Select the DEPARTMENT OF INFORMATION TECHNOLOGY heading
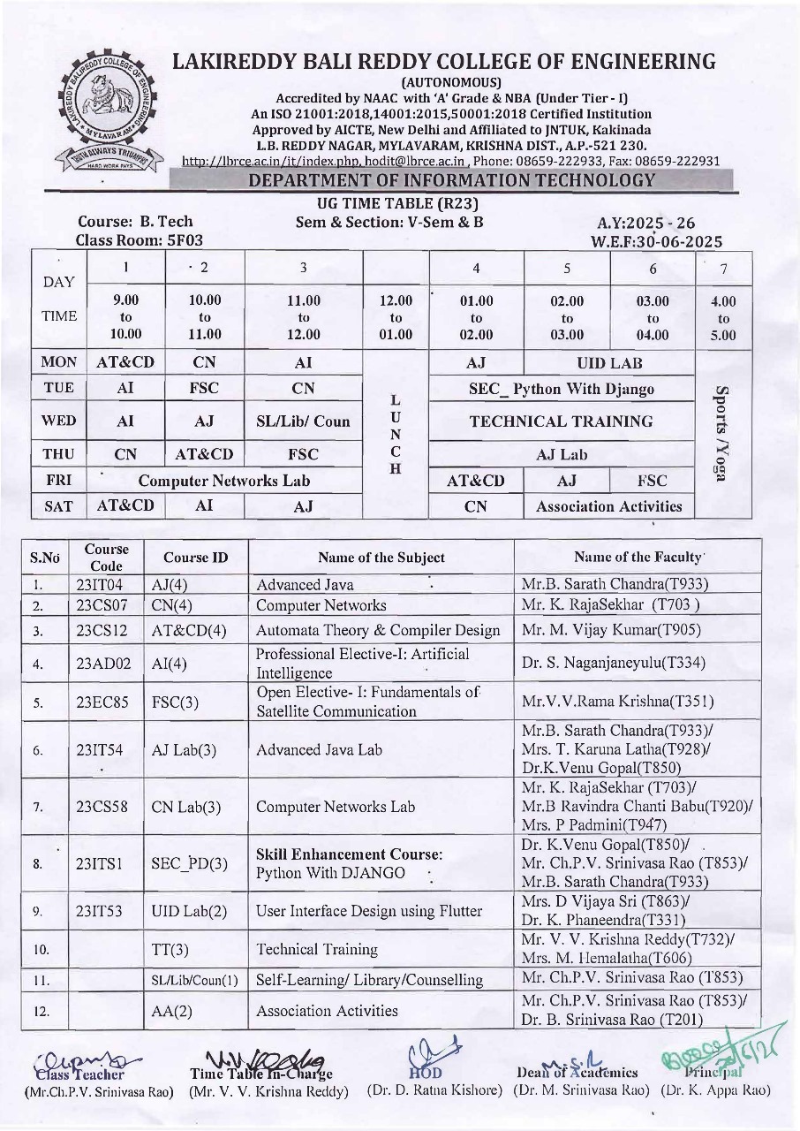pyautogui.click(x=451, y=181)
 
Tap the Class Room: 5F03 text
pyautogui.click(x=140, y=239)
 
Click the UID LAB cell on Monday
pyautogui.click(x=609, y=362)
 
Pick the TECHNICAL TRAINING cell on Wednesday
pyautogui.click(x=562, y=421)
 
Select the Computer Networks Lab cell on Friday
pyautogui.click(x=224, y=481)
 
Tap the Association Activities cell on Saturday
pyautogui.click(x=609, y=506)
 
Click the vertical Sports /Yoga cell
pyautogui.click(x=722, y=434)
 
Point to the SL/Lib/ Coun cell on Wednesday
pyautogui.click(x=303, y=421)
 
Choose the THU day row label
pyautogui.click(x=59, y=454)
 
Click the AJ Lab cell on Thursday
pyautogui.click(x=562, y=454)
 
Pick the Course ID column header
pyautogui.click(x=195, y=558)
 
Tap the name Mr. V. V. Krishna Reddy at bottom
pyautogui.click(x=269, y=1091)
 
